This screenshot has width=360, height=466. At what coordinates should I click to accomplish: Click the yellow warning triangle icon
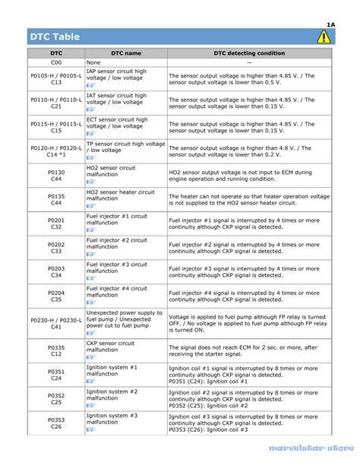324,36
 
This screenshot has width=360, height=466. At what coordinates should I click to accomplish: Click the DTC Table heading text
55,36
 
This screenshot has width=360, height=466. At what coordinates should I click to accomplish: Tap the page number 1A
330,24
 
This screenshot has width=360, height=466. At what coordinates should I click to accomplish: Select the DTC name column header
125,53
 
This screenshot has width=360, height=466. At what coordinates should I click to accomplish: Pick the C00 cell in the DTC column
56,62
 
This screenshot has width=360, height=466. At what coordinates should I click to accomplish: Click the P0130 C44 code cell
56,176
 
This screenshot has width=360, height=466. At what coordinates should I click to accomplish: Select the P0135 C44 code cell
56,200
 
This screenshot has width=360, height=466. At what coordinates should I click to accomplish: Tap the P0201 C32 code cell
56,224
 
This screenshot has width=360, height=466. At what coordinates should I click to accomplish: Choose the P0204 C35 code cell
56,296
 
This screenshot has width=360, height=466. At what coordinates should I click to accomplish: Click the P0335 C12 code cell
56,350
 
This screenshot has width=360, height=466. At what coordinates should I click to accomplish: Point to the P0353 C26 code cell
56,423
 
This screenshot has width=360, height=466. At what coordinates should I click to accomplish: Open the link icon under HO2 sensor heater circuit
90,207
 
